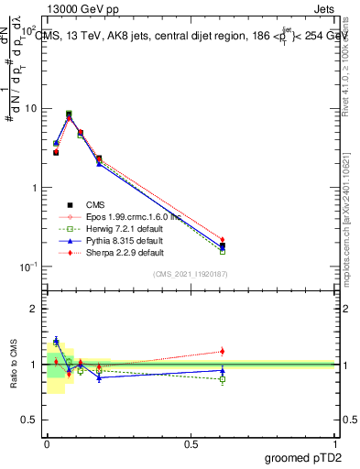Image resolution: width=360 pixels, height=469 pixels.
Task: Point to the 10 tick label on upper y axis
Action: [32, 108]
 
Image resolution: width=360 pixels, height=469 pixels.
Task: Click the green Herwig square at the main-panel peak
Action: [69, 114]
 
